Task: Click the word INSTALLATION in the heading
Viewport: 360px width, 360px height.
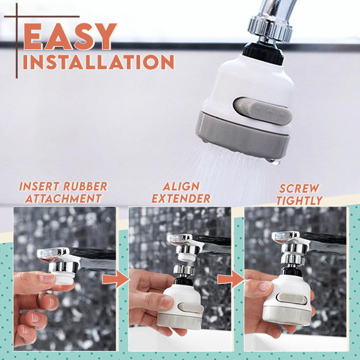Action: [99, 61]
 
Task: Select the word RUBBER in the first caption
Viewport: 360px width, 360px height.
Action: [84, 187]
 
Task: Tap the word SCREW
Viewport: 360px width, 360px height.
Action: [299, 188]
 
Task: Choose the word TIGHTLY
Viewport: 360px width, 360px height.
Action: [299, 200]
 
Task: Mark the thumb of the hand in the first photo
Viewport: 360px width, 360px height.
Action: [41, 280]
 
